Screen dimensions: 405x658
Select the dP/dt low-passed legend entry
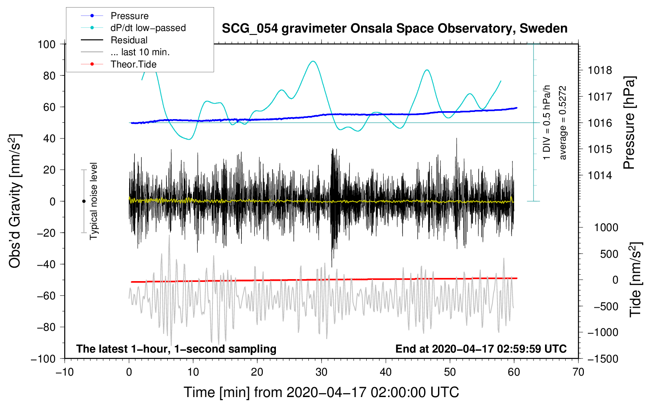click(148, 28)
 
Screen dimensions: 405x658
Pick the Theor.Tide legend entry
click(133, 64)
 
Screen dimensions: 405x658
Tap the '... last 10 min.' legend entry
click(140, 52)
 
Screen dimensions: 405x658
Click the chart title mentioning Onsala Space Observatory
click(394, 29)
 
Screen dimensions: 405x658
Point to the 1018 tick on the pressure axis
click(600, 71)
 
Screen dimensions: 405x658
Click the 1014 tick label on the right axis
click(600, 175)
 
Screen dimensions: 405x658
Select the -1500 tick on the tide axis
click(603, 359)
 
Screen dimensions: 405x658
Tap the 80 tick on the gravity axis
click(49, 75)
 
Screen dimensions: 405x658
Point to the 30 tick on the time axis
click(321, 372)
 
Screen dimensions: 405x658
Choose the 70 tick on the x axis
click(578, 372)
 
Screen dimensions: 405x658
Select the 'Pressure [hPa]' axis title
click(629, 123)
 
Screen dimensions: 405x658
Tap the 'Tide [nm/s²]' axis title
click(635, 280)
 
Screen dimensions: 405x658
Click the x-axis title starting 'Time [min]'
click(321, 392)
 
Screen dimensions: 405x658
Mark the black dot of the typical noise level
click(84, 201)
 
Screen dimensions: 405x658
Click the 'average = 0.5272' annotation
click(562, 123)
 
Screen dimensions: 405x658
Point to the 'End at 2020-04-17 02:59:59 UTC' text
click(481, 349)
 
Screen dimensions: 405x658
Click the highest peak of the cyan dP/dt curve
click(313, 61)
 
